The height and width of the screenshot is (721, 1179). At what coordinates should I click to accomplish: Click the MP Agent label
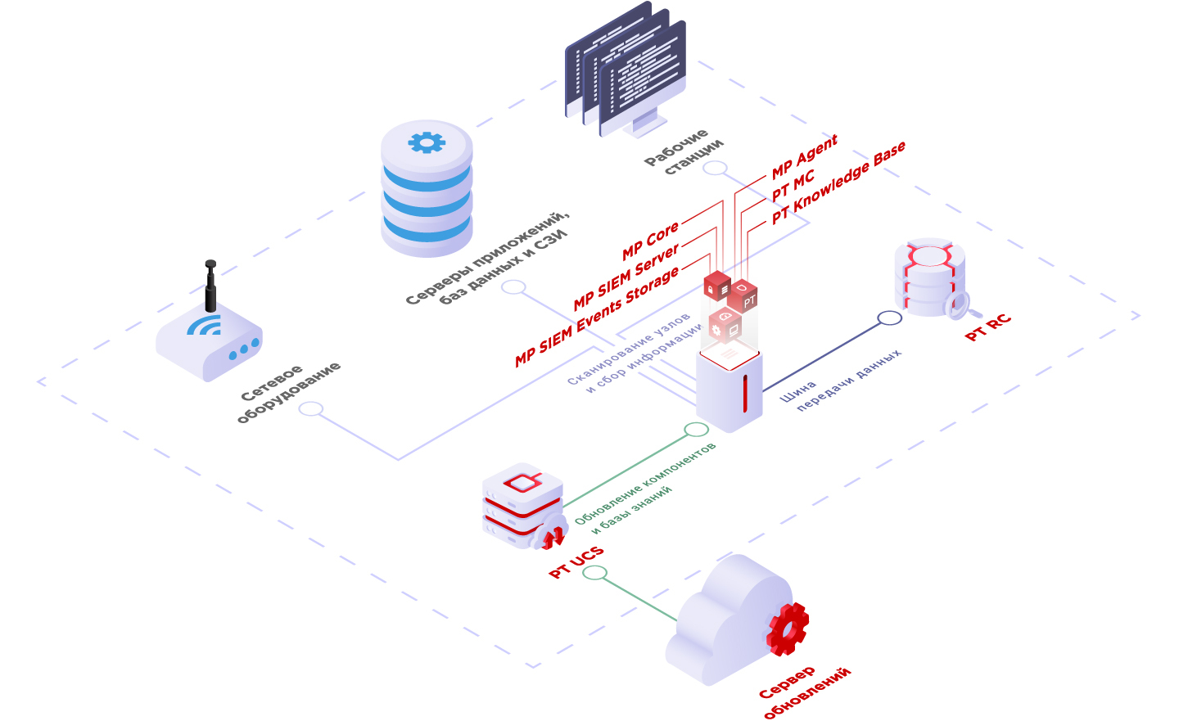pyautogui.click(x=804, y=156)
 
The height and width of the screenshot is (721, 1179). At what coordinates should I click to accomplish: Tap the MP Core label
pyautogui.click(x=650, y=241)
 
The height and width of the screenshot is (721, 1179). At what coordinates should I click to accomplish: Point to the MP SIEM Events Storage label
pyautogui.click(x=597, y=317)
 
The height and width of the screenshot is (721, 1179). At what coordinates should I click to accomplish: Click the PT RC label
pyautogui.click(x=987, y=327)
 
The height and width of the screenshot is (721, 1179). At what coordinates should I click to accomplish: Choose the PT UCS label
pyautogui.click(x=576, y=562)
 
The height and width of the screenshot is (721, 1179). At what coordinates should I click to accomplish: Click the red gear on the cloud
pyautogui.click(x=788, y=629)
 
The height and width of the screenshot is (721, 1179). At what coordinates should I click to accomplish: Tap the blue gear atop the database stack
pyautogui.click(x=427, y=142)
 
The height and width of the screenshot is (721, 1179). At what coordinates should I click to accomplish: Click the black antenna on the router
pyautogui.click(x=210, y=286)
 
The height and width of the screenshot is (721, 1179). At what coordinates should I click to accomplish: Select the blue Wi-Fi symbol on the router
pyautogui.click(x=205, y=325)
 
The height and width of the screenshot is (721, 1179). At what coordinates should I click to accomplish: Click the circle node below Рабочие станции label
pyautogui.click(x=715, y=168)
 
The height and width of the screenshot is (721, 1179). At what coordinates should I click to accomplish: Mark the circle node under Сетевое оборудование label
pyautogui.click(x=310, y=408)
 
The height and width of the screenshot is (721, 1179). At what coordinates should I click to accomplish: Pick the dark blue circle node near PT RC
pyautogui.click(x=889, y=318)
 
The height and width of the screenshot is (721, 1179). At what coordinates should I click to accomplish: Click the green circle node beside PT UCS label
pyautogui.click(x=594, y=572)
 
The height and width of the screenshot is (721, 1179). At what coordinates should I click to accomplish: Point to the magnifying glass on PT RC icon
pyautogui.click(x=957, y=305)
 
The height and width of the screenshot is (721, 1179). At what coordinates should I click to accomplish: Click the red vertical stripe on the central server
pyautogui.click(x=744, y=393)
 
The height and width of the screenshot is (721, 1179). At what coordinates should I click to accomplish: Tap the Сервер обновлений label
pyautogui.click(x=806, y=692)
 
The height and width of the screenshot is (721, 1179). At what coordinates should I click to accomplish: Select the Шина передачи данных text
pyautogui.click(x=839, y=381)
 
